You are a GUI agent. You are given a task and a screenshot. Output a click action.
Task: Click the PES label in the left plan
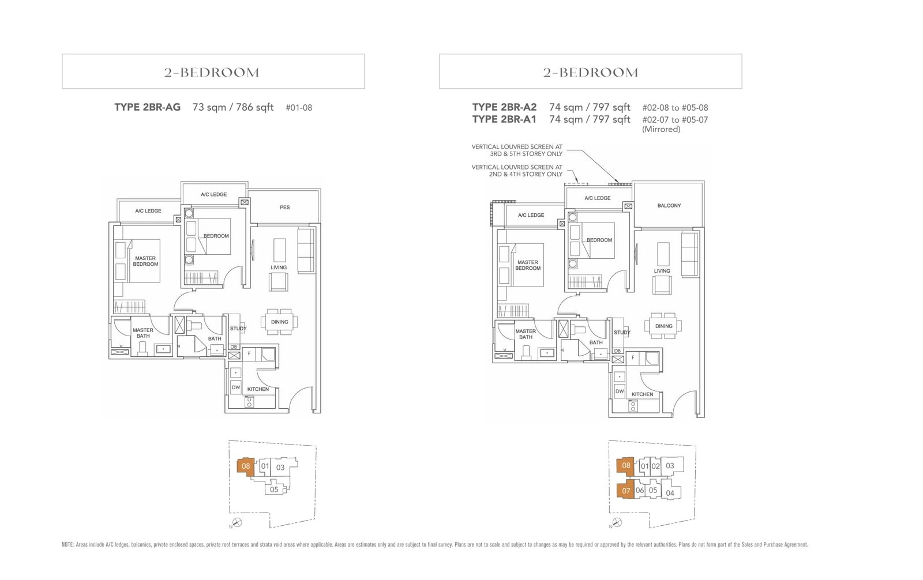click(285, 207)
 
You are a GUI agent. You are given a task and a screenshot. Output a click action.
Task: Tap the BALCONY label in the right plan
click(669, 205)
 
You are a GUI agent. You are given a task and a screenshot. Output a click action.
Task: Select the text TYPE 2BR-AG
click(147, 107)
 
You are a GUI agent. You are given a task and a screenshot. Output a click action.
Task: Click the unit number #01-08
click(299, 108)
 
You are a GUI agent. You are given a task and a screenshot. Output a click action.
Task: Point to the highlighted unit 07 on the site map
click(626, 491)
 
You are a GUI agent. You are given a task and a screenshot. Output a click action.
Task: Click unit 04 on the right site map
click(670, 493)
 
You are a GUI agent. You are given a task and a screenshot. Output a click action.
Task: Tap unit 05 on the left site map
click(274, 489)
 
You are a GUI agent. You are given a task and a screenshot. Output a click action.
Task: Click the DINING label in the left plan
click(280, 322)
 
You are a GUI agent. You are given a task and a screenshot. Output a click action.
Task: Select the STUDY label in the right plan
click(622, 332)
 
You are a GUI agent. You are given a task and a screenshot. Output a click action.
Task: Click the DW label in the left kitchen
click(236, 387)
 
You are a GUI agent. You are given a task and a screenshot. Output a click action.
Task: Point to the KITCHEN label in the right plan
click(642, 394)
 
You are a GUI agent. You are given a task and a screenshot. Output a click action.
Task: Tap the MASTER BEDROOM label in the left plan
click(145, 261)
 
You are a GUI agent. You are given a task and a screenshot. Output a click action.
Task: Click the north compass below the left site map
click(237, 522)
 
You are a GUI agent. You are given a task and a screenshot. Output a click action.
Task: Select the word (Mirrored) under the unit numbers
click(661, 129)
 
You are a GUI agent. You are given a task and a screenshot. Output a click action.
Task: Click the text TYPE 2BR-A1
click(504, 119)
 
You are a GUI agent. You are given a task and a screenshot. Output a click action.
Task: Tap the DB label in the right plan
click(617, 351)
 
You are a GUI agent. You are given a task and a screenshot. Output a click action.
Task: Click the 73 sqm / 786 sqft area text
click(233, 107)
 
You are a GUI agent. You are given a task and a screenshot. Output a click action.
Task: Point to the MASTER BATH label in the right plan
click(526, 334)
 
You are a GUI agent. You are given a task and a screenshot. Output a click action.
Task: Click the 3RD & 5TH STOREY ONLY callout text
click(526, 154)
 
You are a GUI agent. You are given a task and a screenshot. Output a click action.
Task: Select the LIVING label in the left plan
click(279, 268)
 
